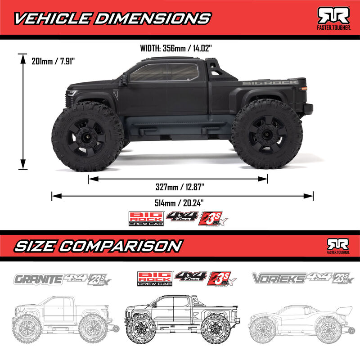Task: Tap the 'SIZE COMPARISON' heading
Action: coord(98,246)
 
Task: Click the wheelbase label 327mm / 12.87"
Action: coord(178,186)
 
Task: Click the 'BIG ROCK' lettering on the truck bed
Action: coord(270,82)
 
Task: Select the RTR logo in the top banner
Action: coord(334,17)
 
